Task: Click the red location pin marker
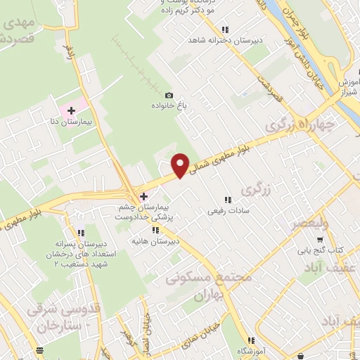point(181,165)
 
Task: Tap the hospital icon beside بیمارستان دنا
point(71,111)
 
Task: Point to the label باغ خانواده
point(169,105)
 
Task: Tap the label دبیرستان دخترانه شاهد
point(225,40)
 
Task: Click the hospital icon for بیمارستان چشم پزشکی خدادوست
point(144,196)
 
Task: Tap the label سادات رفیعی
point(226,210)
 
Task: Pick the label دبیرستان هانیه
point(157,240)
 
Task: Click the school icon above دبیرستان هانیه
point(156,230)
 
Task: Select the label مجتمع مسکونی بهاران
point(209,287)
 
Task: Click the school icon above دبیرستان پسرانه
point(82,233)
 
